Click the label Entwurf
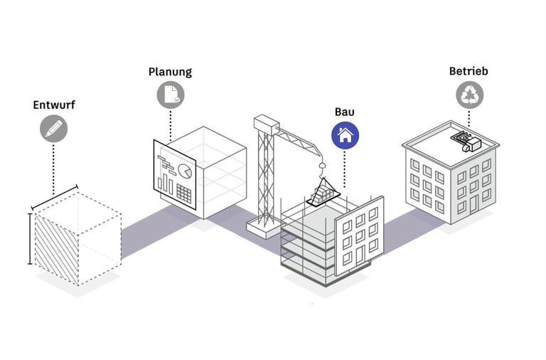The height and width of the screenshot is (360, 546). (54, 105)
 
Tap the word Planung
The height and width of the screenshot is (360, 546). (170, 72)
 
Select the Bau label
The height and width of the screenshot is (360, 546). (345, 112)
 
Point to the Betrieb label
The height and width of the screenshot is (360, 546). (469, 71)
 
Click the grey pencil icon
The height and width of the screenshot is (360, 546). (54, 129)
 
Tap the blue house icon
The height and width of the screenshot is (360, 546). (345, 134)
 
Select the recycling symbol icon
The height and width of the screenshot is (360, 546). (469, 94)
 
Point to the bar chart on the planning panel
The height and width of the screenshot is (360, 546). (165, 184)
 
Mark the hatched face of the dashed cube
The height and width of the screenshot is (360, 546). (54, 249)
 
